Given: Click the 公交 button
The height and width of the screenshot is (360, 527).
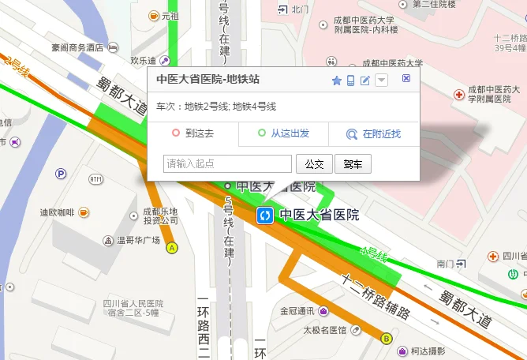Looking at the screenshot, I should tap(314, 164).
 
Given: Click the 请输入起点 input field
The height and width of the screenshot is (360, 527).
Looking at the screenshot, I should tap(227, 164).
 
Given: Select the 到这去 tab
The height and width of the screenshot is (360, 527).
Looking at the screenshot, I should tap(193, 133).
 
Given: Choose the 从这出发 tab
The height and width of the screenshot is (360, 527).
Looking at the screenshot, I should tap(283, 133).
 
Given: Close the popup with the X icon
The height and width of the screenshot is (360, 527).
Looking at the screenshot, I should tap(406, 78).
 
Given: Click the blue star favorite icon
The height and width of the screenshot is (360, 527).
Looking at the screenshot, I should tap(337, 80).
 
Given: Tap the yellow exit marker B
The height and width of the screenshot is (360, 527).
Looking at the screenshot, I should tap(386, 339).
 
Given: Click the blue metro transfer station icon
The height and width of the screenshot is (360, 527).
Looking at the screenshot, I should tap(266, 215).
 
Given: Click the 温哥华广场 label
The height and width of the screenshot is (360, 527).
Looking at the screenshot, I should tap(138, 240).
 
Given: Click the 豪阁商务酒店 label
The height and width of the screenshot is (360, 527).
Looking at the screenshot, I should tap(77, 47).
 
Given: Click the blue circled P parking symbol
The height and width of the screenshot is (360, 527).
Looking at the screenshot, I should tap(61, 174).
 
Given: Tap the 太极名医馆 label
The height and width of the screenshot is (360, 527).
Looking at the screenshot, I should tap(325, 329).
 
